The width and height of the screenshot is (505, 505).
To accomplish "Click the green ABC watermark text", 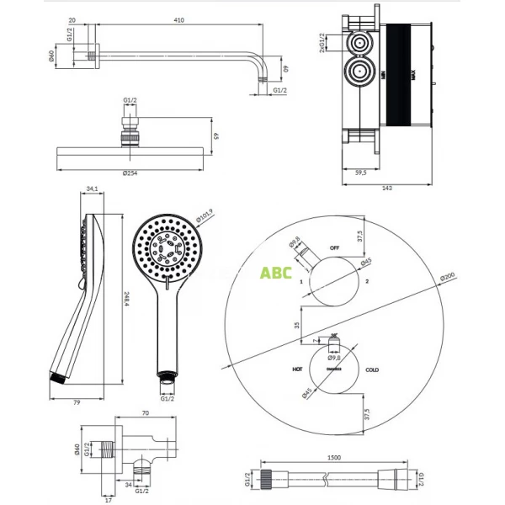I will pyautogui.click(x=275, y=273).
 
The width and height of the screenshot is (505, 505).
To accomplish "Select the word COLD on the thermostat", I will pyautogui.click(x=372, y=369).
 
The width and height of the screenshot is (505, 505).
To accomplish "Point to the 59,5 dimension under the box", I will pyautogui.click(x=360, y=174).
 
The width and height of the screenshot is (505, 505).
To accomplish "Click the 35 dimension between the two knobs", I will pyautogui.click(x=296, y=323).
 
